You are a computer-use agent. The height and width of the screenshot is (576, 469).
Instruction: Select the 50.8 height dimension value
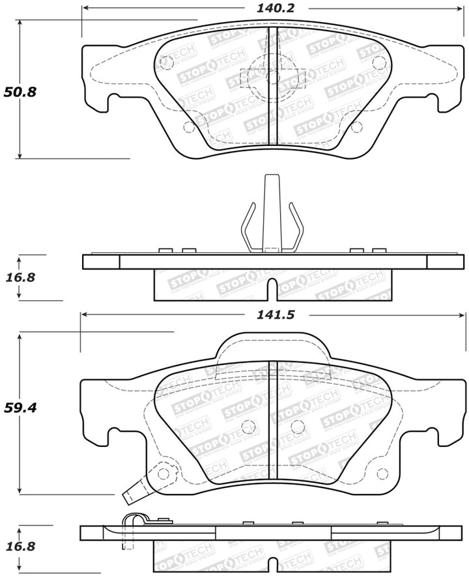coord(20,92)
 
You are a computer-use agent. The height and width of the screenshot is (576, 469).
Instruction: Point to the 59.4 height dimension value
coord(20,409)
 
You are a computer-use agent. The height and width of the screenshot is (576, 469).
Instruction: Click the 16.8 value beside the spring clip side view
coord(20,277)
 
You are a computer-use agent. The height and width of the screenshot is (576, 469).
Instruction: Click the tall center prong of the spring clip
coord(272,209)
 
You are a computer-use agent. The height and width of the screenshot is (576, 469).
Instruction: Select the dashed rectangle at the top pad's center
coord(273,78)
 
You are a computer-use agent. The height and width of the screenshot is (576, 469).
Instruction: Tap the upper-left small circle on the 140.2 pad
coord(165,63)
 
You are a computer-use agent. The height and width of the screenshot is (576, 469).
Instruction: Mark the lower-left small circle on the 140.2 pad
coord(190,127)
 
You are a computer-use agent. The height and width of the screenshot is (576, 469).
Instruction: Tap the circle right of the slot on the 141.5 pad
coord(298,427)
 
